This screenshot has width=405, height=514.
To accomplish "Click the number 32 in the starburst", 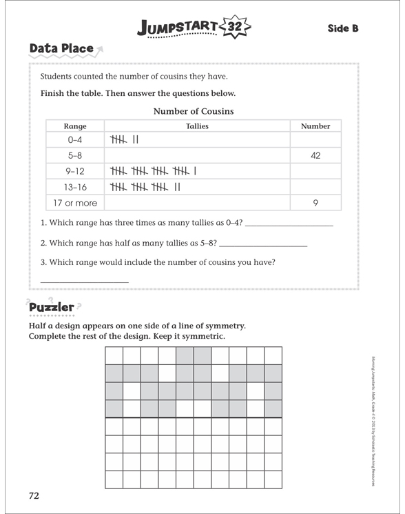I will click(x=235, y=28).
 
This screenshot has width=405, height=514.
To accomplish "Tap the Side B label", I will click(x=342, y=28).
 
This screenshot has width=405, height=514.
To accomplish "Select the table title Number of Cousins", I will click(x=193, y=111).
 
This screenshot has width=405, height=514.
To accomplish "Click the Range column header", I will click(x=74, y=126).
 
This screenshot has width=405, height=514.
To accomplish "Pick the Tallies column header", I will click(x=197, y=126).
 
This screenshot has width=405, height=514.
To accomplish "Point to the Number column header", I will click(x=315, y=126).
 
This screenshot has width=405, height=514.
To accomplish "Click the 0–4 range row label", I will click(x=74, y=140).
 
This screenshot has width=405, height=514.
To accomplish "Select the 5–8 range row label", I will click(x=74, y=156).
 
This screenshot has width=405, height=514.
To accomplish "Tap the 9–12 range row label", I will click(x=74, y=172).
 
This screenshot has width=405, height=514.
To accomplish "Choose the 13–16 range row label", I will click(x=74, y=187).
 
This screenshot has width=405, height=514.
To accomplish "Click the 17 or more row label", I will click(x=74, y=203).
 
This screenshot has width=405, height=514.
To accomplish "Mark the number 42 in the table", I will click(x=315, y=156).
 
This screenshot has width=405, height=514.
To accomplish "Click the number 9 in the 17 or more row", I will click(x=315, y=203).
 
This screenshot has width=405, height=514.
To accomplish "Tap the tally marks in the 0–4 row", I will click(x=125, y=140).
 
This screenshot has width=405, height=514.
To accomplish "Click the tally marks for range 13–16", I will click(x=145, y=187).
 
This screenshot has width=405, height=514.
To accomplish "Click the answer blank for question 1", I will click(x=289, y=224).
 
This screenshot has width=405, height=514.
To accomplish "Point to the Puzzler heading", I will click(x=51, y=307).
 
